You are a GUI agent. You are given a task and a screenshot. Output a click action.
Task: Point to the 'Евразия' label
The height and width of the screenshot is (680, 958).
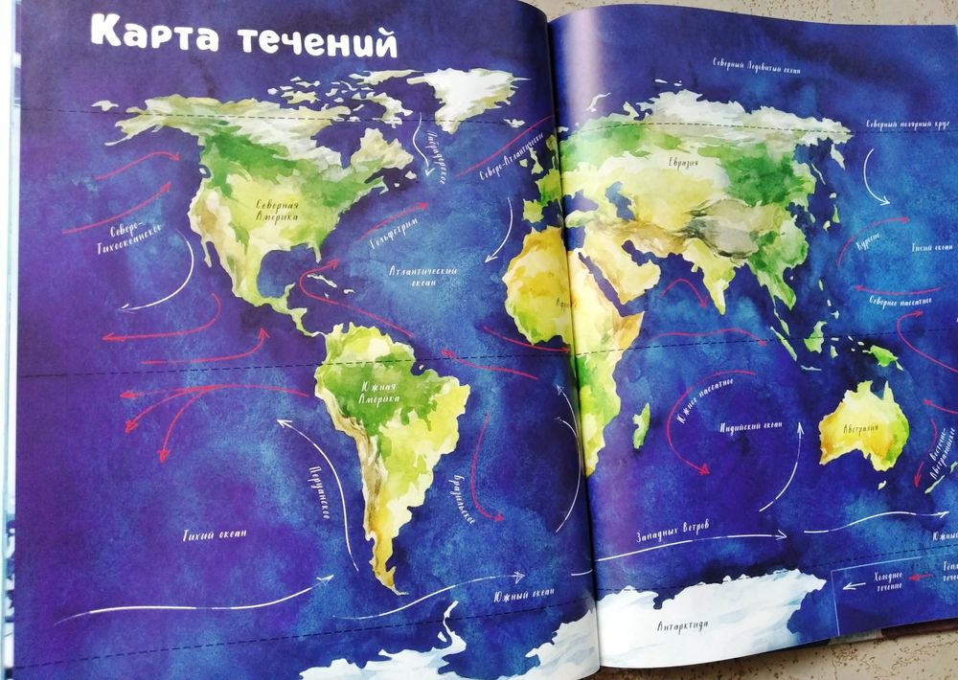683,163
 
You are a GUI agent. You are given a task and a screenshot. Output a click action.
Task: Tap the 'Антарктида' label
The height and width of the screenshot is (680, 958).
683,626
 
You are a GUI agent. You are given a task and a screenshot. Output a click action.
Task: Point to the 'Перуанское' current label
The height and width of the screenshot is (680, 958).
320,489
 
